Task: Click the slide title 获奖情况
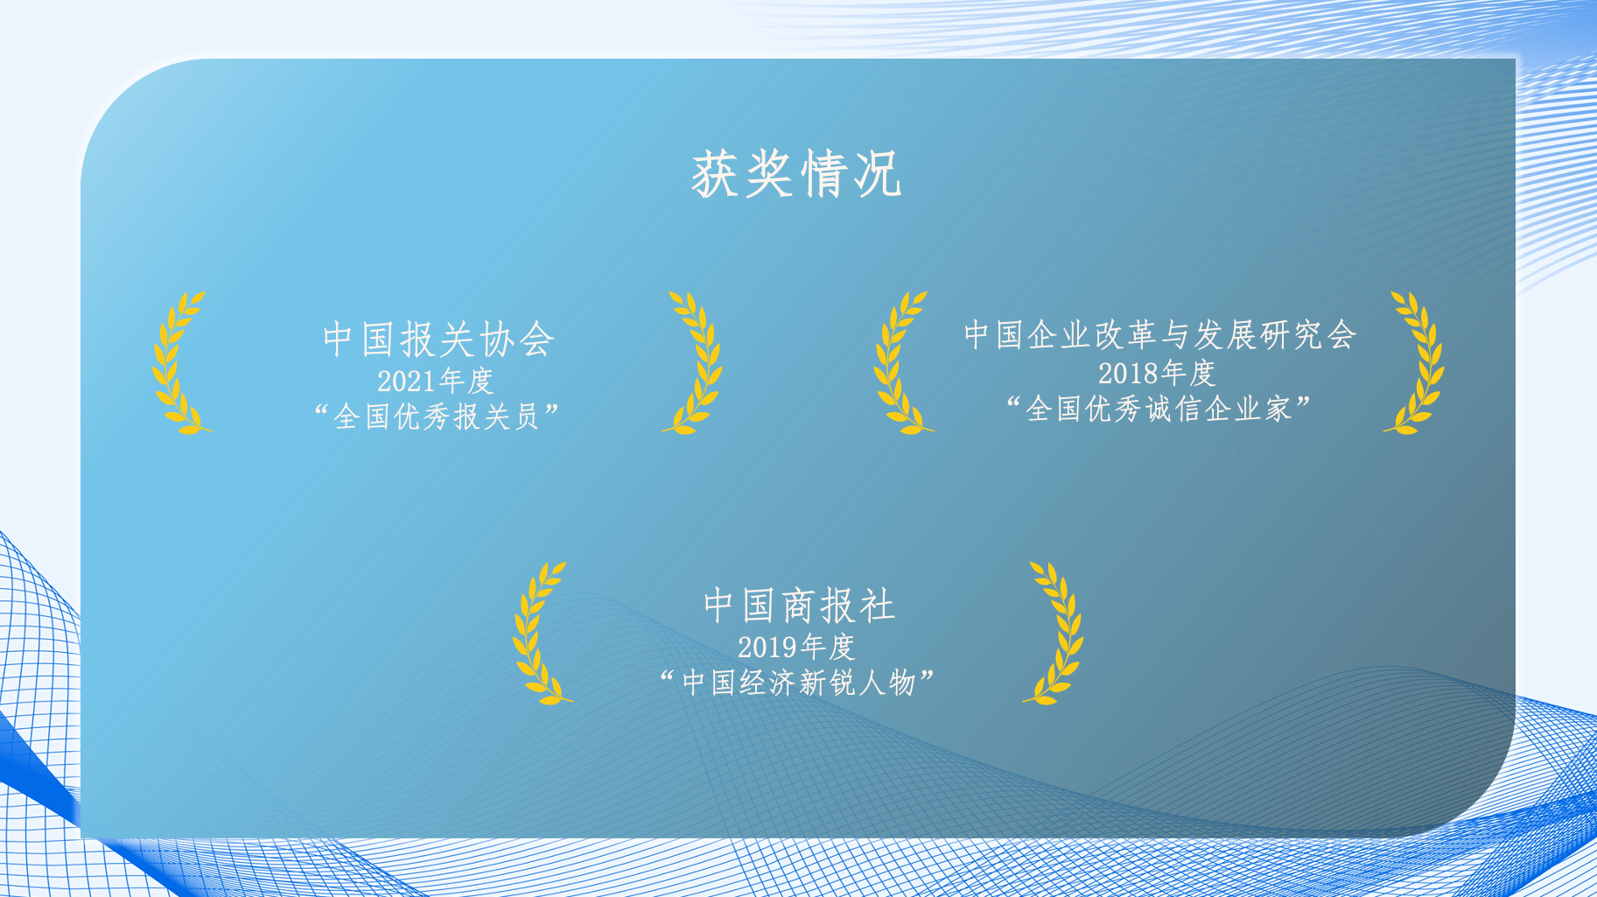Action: pos(796,174)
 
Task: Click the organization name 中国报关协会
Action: pos(438,340)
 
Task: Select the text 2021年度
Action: pos(436,382)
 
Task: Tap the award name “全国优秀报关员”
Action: pos(437,417)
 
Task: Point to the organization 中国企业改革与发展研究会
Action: pos(1159,335)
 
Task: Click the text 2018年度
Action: pos(1157,374)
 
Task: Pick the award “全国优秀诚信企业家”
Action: pos(1159,409)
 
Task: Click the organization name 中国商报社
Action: pos(799,606)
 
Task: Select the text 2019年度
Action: pos(796,648)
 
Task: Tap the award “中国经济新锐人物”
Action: pos(797,683)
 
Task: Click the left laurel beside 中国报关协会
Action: pos(179,363)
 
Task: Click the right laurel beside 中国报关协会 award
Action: pos(694,363)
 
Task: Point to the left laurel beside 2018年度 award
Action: pos(900,363)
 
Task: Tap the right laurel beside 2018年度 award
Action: pos(1416,363)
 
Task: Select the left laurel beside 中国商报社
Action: pos(540,633)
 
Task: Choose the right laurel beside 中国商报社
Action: pos(1055,633)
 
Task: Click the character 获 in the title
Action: pos(717,174)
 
